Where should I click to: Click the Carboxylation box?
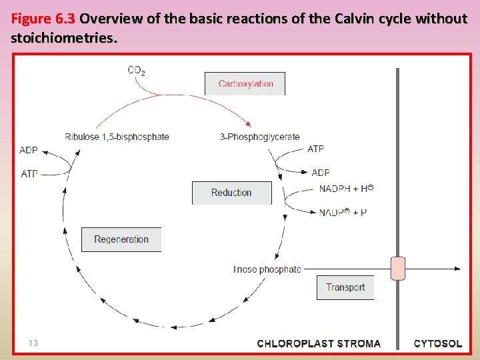245,84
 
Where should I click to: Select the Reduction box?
231,193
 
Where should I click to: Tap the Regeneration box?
121,239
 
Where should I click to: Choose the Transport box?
345,287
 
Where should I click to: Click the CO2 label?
137,69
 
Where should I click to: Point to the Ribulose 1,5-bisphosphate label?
117,137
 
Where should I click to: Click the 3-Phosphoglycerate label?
260,137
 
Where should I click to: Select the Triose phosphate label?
267,269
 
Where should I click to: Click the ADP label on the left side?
29,150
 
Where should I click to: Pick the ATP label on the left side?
29,173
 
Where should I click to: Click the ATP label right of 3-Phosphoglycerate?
316,149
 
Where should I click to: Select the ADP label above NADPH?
321,173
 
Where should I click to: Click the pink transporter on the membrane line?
397,269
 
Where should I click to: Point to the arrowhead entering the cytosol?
457,269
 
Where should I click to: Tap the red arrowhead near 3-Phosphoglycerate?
249,123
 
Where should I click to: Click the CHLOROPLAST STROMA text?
319,344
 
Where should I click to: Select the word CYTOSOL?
437,344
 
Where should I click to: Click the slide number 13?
33,343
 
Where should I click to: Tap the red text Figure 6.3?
43,19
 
